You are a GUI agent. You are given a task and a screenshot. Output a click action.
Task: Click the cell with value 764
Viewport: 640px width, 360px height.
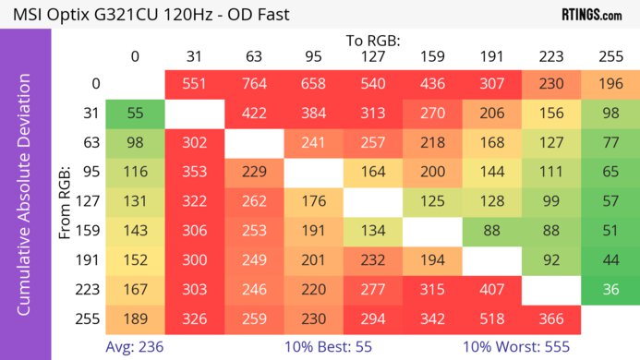(254, 84)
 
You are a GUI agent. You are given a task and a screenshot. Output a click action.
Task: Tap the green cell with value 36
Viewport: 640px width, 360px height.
(610, 289)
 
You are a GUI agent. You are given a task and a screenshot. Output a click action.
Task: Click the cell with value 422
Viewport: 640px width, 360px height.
(254, 114)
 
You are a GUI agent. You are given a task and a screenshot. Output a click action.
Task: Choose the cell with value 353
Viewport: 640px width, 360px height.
(195, 172)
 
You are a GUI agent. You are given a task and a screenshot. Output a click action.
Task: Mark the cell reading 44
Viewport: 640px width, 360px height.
(610, 259)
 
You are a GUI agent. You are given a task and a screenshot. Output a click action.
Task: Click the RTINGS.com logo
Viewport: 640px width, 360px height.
(591, 15)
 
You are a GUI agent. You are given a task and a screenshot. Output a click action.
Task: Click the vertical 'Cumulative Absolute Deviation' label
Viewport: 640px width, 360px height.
(25, 201)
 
